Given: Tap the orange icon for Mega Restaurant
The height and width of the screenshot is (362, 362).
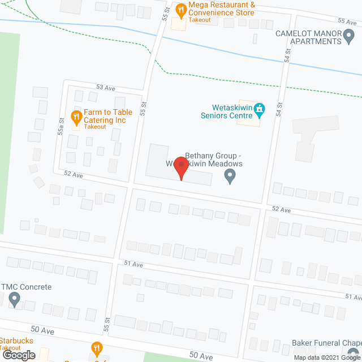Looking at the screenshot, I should pos(181,9).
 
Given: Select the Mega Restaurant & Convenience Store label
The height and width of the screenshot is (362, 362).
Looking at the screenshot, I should pos(222,8).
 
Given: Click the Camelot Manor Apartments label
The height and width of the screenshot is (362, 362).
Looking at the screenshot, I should pos(308,37).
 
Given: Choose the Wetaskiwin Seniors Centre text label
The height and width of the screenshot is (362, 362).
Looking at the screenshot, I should pos(226,111).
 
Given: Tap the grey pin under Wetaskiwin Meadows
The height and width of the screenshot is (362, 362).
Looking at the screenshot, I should pos(230,178).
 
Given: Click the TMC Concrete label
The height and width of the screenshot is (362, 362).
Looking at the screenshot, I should pos(27,287).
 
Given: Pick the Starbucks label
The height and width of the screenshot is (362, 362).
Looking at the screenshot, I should pos(16,341).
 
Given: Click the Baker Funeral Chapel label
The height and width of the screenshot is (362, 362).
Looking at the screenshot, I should pos(327,343).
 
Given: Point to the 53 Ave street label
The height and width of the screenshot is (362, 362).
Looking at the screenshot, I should pos(105,87).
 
